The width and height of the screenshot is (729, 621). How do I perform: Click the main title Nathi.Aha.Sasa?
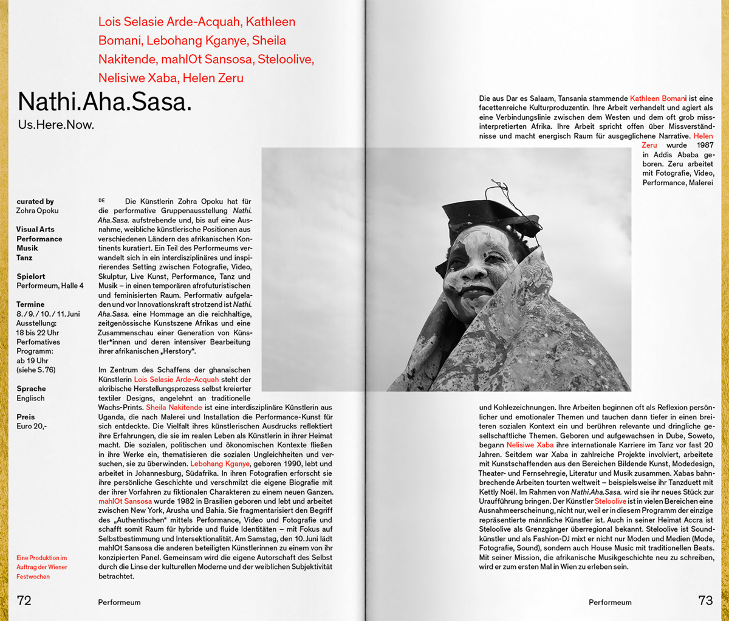104,102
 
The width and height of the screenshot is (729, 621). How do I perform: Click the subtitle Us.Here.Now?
56,125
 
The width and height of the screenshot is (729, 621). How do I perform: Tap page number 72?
24,600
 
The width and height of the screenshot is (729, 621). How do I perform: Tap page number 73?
705,600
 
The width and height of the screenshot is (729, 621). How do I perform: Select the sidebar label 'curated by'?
35,201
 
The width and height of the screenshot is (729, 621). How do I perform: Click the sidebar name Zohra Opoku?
38,211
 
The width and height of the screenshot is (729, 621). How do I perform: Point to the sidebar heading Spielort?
31,276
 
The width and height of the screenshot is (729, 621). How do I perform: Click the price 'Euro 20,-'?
32,427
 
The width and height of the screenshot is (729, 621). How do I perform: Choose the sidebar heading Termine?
30,304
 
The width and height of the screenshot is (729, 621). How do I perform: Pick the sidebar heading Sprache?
31,389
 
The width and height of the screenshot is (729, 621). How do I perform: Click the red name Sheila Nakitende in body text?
174,408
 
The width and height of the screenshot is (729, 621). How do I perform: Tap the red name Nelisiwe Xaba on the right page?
530,445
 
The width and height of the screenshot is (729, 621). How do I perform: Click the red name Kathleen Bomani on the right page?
658,98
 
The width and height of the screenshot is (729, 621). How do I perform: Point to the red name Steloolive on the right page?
610,502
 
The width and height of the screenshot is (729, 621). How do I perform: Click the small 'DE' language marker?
102,201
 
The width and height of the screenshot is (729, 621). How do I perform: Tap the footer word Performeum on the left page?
119,603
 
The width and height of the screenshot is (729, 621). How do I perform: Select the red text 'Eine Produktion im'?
41,558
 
